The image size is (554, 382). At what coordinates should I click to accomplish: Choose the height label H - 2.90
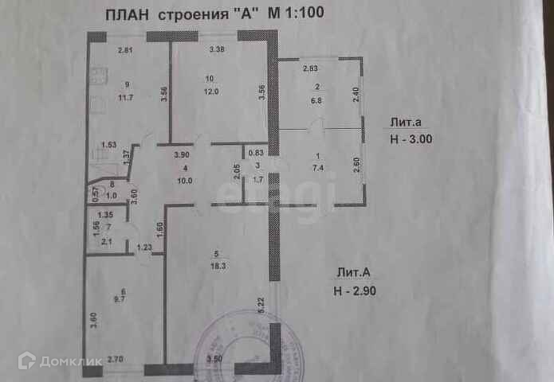(360, 290)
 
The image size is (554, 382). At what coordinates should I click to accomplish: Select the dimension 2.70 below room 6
(116, 359)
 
